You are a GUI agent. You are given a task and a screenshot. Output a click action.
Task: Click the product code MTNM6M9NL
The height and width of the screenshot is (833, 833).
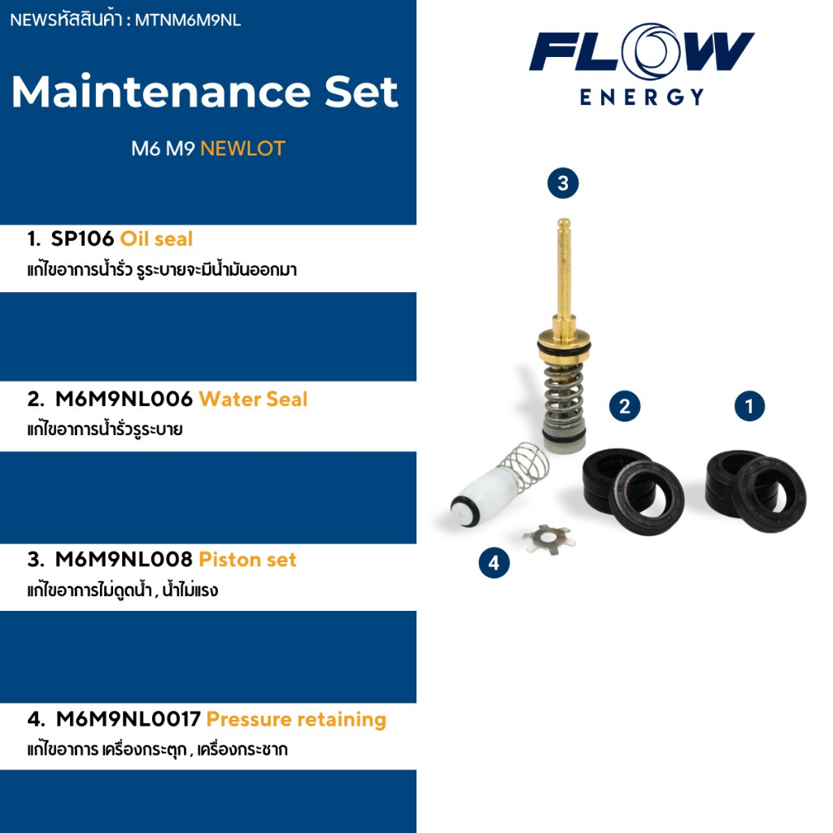[x=188, y=20]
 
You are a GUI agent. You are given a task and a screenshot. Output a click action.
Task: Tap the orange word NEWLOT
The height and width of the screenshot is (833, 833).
[x=242, y=149]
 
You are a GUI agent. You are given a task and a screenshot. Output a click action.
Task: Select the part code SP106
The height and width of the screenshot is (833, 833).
[x=82, y=239]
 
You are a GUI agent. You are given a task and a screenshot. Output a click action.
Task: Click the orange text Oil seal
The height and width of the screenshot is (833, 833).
[x=156, y=239]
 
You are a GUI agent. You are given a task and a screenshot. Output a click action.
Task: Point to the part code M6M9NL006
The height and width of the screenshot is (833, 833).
[x=124, y=399]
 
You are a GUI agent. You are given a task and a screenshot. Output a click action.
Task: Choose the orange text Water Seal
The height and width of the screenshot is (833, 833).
[x=254, y=399]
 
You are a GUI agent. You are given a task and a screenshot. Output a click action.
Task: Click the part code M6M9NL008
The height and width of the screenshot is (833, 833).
[x=124, y=560]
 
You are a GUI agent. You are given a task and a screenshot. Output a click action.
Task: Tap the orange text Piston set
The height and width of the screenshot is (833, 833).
[x=247, y=560]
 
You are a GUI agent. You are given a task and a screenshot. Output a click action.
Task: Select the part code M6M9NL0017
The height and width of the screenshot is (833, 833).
[x=129, y=719]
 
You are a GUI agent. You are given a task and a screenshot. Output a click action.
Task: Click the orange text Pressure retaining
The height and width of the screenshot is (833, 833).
[x=296, y=720]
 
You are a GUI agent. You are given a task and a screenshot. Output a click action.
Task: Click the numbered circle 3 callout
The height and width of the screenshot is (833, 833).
[x=563, y=183]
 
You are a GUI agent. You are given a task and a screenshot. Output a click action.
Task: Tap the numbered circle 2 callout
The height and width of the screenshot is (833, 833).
[x=625, y=407]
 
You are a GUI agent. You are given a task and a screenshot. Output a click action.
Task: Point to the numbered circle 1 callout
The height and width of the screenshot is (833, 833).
[x=749, y=407]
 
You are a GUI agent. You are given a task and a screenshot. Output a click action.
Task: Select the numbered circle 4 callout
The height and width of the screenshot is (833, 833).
[x=494, y=563]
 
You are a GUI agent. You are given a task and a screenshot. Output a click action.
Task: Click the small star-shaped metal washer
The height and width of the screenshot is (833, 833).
[x=548, y=539]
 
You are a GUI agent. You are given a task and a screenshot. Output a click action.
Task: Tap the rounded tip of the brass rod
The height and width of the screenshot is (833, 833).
[x=564, y=224]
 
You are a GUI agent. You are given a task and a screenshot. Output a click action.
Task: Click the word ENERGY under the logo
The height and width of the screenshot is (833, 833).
[x=642, y=98]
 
